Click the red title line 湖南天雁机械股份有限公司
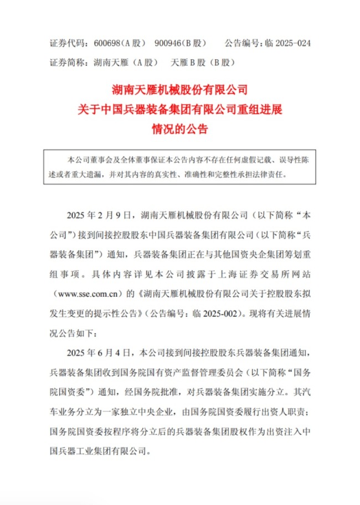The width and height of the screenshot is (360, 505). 180,89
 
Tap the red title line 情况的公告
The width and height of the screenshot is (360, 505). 180,130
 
